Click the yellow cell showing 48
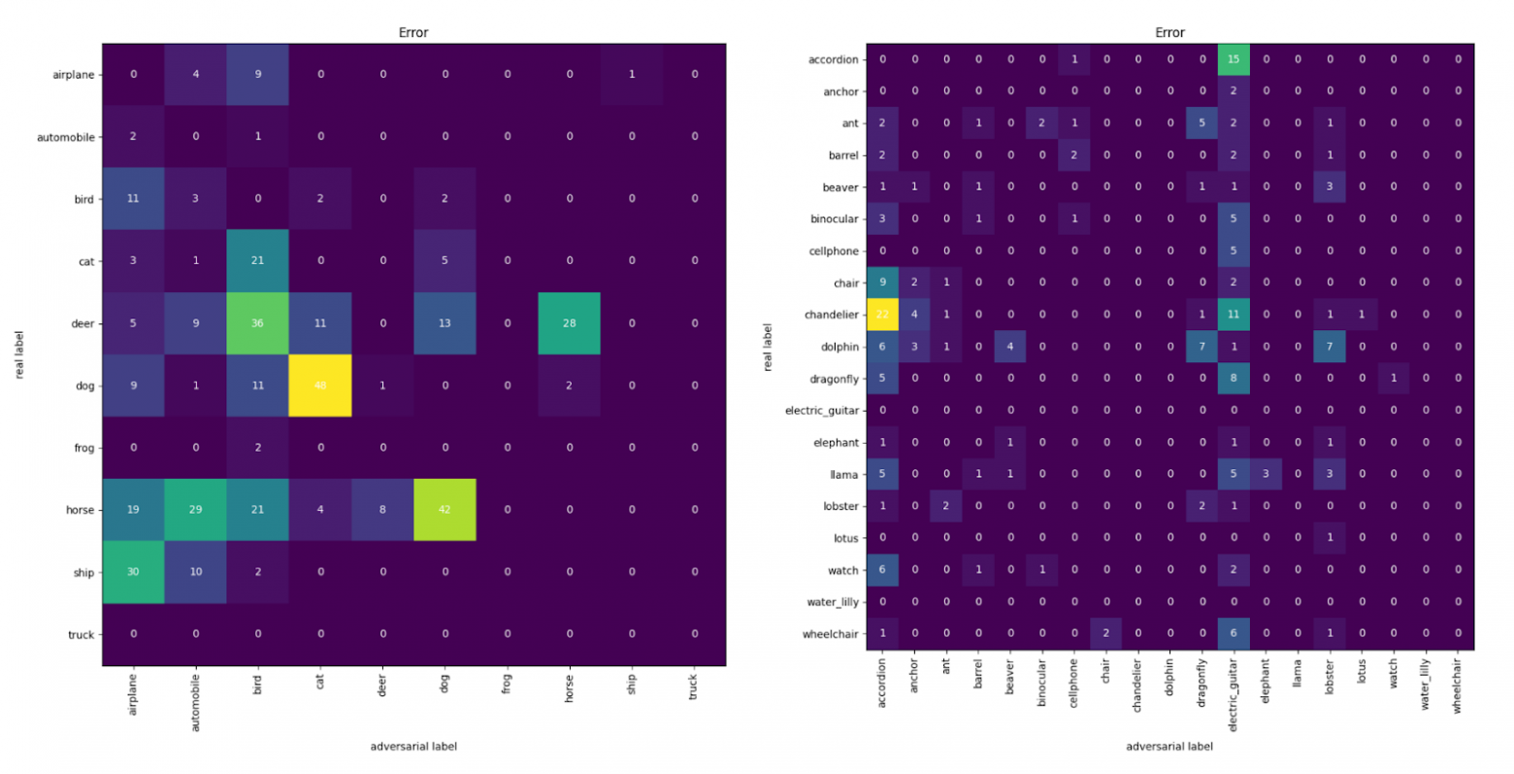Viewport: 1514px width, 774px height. click(320, 386)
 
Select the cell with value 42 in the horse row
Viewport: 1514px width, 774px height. click(444, 510)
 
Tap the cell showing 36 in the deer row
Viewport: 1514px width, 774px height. click(258, 323)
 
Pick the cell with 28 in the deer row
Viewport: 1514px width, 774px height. click(569, 323)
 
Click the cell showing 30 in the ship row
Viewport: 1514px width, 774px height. click(133, 572)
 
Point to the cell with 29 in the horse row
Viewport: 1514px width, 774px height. click(195, 510)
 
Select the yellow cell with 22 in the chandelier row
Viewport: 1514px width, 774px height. click(882, 315)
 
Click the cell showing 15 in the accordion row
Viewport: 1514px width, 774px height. click(1234, 59)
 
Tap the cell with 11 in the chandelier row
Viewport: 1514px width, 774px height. click(1234, 315)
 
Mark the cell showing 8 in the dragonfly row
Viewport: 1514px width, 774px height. click(1234, 379)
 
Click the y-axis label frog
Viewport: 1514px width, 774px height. click(83, 449)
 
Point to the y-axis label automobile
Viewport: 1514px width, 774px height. click(66, 138)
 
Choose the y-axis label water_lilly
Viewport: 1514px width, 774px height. click(833, 602)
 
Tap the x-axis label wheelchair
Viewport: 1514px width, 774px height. click(1457, 688)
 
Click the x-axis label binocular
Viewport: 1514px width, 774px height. click(1042, 684)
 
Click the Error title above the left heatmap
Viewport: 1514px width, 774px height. click(413, 33)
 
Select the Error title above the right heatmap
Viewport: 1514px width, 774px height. click(1169, 33)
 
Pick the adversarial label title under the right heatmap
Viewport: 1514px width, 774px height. click(1169, 747)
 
